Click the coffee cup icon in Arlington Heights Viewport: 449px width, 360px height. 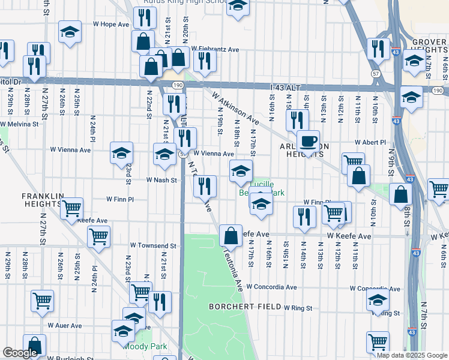click(308, 142)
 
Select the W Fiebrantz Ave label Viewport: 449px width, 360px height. click(215, 49)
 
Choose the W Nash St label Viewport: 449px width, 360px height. click(161, 180)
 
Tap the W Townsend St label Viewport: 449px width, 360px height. click(154, 246)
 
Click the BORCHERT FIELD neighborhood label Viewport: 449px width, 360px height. click(245, 307)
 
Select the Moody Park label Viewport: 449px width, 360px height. click(144, 346)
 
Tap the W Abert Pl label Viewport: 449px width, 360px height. click(370, 142)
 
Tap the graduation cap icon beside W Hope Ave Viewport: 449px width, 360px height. click(70, 32)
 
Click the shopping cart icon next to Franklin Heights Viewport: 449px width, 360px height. click(71, 209)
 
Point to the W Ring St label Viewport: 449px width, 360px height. click(298, 308)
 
